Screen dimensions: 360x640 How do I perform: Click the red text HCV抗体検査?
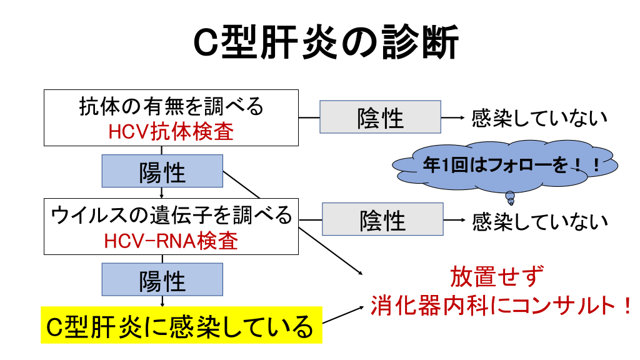point(171,132)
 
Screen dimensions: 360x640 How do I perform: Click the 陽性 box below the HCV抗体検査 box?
point(162,171)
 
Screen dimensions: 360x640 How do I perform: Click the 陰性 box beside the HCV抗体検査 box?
point(380,117)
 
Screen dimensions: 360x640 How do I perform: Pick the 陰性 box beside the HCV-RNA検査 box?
point(382,219)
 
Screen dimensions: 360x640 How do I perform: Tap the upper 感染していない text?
point(539,117)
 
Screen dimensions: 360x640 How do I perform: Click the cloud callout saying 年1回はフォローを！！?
point(505,166)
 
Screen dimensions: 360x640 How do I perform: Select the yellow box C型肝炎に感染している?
point(181,325)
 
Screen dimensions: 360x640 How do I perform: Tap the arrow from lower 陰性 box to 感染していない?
point(454,220)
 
